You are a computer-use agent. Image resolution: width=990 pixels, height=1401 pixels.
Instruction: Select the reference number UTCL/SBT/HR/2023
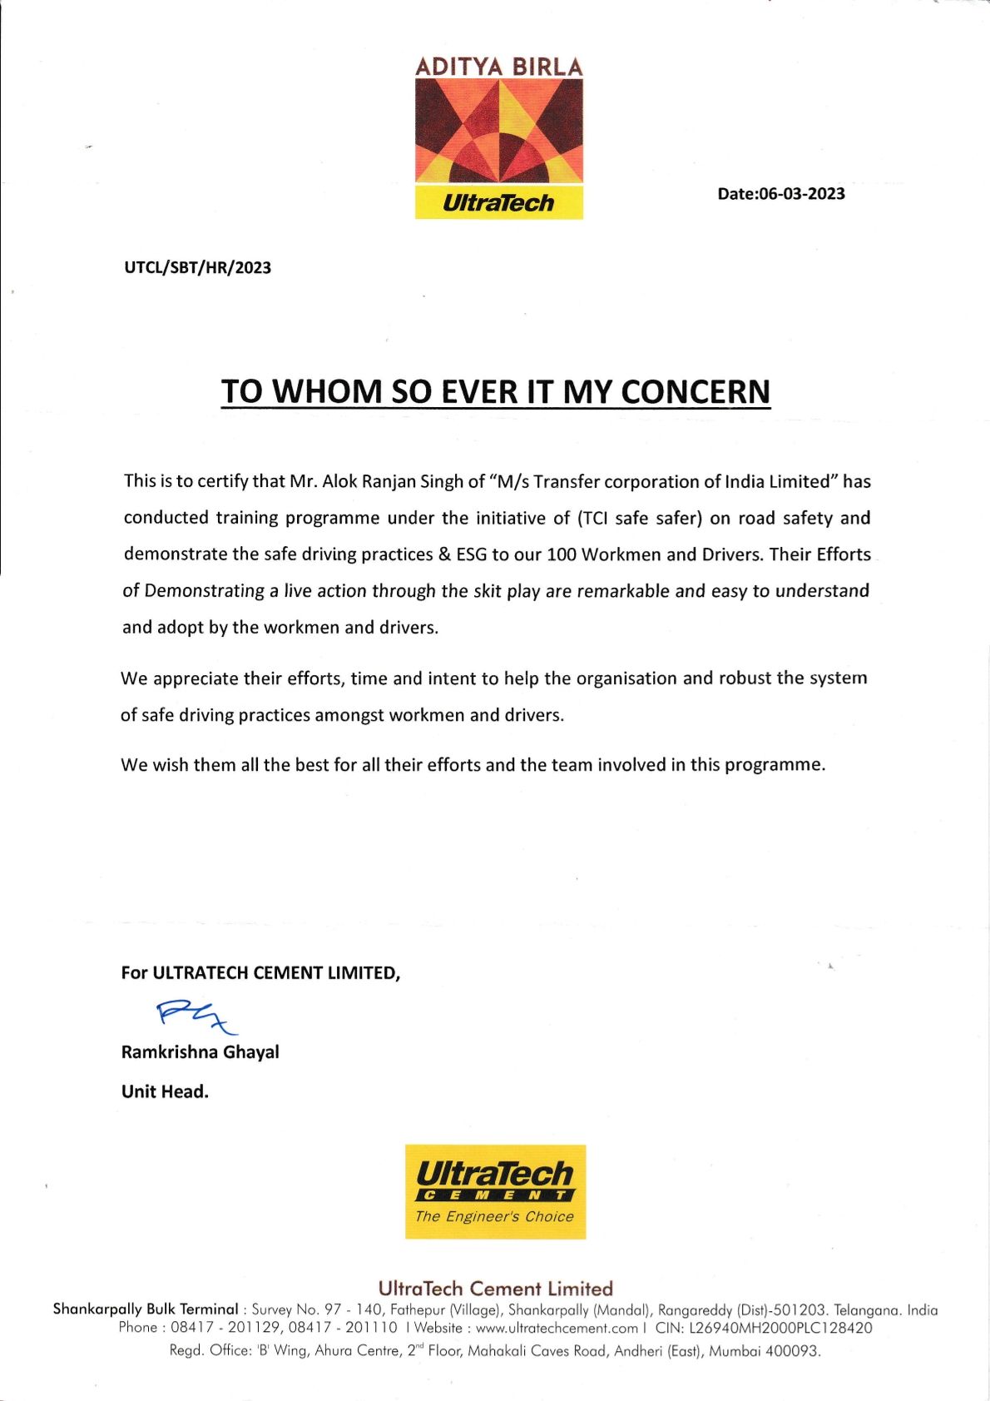coord(197,268)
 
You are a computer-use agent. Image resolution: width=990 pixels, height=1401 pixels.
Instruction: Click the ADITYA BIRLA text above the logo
coord(498,67)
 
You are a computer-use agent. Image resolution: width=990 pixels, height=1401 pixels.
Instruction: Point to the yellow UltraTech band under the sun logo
coord(498,202)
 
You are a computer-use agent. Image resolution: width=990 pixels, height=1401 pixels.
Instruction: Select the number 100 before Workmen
coord(562,554)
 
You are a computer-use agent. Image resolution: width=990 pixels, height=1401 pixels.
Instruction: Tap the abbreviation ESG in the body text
coord(471,554)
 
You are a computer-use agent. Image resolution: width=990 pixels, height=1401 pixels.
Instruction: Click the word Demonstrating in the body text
coord(205,591)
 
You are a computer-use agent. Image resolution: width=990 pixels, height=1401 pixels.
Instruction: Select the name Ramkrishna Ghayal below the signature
coord(200,1052)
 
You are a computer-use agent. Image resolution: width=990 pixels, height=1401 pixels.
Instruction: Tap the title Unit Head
coord(165,1091)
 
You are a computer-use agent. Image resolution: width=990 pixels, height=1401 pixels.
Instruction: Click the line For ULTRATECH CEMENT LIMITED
coord(260,972)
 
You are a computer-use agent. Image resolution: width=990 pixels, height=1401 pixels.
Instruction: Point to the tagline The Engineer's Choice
coord(494,1216)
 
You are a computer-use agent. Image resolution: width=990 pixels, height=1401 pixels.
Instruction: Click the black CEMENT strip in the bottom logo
coord(494,1195)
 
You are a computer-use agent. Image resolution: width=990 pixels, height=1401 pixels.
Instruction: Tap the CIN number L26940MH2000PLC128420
coord(780,1328)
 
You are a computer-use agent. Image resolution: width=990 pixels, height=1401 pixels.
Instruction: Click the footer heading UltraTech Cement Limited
coord(495,1289)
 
